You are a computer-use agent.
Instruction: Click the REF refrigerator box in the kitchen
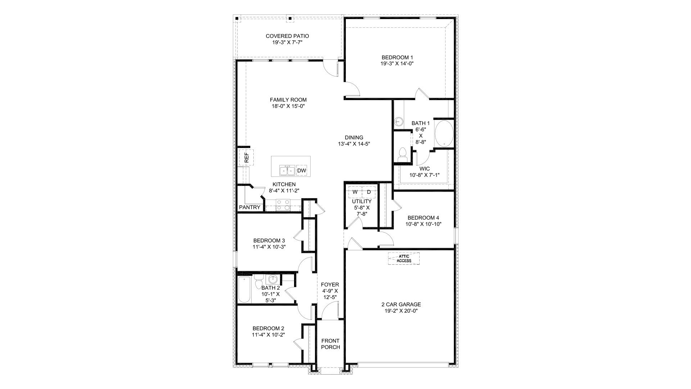coord(247,157)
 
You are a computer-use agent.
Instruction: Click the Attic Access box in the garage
coord(404,258)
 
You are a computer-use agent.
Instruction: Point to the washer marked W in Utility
coord(355,192)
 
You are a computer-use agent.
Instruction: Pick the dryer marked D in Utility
coord(369,192)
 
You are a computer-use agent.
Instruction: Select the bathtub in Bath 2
coord(244,290)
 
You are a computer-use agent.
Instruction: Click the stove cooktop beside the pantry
coord(283,205)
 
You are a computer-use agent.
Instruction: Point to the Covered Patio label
coord(287,36)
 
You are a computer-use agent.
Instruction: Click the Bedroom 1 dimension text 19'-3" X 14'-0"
coord(397,64)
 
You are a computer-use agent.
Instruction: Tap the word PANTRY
coord(249,207)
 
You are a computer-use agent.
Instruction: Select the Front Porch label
coord(330,344)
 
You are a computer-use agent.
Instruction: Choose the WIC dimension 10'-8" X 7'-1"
coord(425,175)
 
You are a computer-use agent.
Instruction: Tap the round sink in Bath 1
coord(398,121)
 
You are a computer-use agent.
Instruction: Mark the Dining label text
coord(354,137)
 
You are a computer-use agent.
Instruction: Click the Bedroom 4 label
coord(423,218)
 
